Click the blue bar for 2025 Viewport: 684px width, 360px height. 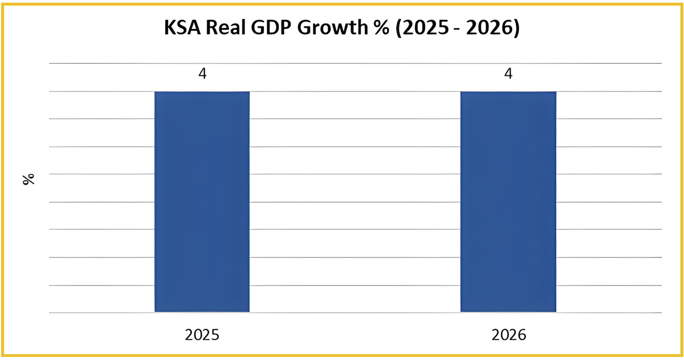[x=202, y=202]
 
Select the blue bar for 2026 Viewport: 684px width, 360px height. [x=508, y=202]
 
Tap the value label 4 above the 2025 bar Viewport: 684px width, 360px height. [x=202, y=73]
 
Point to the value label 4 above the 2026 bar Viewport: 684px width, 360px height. [x=508, y=73]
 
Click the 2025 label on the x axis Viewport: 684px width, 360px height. [x=202, y=335]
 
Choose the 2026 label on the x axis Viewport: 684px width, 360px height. [x=509, y=335]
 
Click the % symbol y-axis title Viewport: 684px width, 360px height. [x=29, y=179]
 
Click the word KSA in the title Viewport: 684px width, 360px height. [x=182, y=28]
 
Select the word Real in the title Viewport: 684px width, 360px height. [x=226, y=28]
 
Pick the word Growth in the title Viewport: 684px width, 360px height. [x=333, y=28]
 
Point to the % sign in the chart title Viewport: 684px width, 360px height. [x=382, y=28]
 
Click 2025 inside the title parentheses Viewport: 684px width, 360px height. [x=425, y=28]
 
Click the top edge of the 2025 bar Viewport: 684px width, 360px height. [x=202, y=92]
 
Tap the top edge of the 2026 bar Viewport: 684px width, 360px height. [x=508, y=92]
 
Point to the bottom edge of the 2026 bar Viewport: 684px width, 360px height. [x=508, y=311]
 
